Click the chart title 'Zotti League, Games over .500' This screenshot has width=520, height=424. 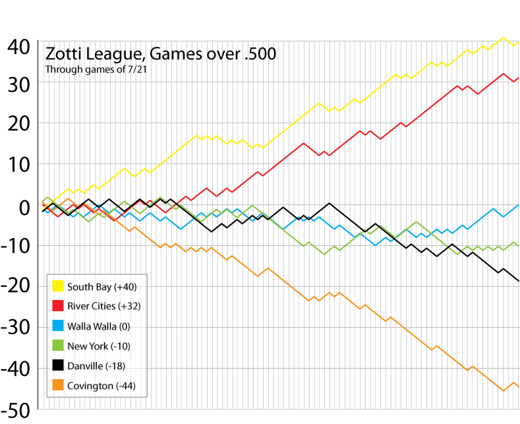coord(160,53)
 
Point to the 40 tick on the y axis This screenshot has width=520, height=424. coord(19,46)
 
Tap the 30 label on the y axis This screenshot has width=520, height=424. coord(19,84)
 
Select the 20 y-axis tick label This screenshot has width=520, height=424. coord(19,124)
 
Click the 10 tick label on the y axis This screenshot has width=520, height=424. coord(19,164)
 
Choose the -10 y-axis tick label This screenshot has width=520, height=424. coord(16,246)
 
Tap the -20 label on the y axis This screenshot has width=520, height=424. coord(16,286)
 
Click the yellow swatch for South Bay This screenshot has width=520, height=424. coord(57,286)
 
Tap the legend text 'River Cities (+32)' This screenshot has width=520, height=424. coord(103,306)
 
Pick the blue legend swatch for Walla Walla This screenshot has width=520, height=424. coord(57,326)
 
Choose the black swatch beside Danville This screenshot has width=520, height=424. coord(57,366)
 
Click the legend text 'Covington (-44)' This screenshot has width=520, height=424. coord(101,386)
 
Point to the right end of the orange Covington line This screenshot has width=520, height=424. coord(519,386)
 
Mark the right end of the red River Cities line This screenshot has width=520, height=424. coord(519,78)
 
